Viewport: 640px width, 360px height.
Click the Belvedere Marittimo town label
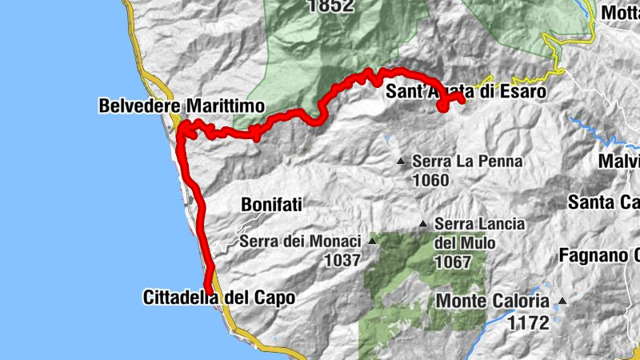pyautogui.click(x=182, y=106)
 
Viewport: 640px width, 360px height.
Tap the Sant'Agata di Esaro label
pyautogui.click(x=466, y=92)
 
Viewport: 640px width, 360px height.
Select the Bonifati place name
pyautogui.click(x=271, y=205)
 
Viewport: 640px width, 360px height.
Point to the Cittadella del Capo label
pyautogui.click(x=219, y=298)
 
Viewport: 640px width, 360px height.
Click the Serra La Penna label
pyautogui.click(x=467, y=162)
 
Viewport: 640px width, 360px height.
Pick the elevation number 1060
pyautogui.click(x=430, y=180)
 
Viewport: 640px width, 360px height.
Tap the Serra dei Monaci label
pyautogui.click(x=300, y=240)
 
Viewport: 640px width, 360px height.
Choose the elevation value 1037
pyautogui.click(x=342, y=259)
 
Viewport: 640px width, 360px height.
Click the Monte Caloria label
pyautogui.click(x=494, y=302)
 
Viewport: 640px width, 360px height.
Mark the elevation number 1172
pyautogui.click(x=528, y=323)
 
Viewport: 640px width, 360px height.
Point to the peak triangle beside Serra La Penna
pyautogui.click(x=402, y=162)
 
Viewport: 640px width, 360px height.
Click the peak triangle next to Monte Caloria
pyautogui.click(x=562, y=302)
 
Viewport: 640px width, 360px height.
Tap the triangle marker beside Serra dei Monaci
pyautogui.click(x=372, y=240)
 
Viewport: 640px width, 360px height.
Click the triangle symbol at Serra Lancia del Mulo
pyautogui.click(x=424, y=225)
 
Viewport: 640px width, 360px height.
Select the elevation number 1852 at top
pyautogui.click(x=329, y=6)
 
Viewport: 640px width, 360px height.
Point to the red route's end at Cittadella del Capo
pyautogui.click(x=210, y=290)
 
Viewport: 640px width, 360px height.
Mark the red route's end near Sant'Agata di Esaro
pyautogui.click(x=463, y=100)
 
